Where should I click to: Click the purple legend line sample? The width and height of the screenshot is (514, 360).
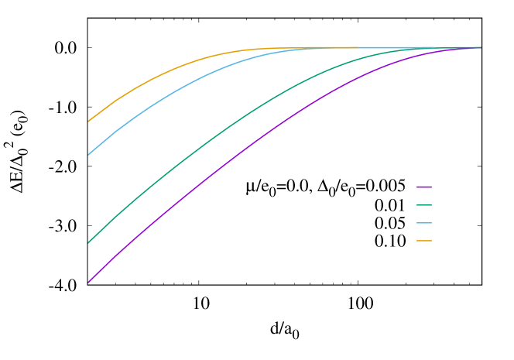click(424, 187)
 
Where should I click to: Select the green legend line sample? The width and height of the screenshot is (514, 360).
click(424, 205)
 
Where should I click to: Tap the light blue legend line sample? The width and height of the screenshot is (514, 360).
click(424, 223)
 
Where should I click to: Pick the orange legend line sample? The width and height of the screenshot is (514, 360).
click(424, 241)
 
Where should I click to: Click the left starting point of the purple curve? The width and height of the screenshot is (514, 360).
click(88, 282)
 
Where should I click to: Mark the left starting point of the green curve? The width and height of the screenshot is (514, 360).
click(88, 243)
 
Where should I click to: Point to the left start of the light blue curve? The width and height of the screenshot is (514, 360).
click(88, 154)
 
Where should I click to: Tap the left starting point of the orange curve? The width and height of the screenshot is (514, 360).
click(88, 122)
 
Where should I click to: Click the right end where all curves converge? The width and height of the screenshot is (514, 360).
click(480, 47)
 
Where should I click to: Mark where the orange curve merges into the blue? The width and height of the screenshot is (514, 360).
click(310, 48)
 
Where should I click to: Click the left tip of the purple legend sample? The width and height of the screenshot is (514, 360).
click(417, 187)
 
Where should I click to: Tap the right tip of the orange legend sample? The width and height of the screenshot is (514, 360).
click(431, 241)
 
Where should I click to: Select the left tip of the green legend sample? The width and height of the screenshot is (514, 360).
click(417, 205)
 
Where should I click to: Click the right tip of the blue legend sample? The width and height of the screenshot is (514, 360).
click(431, 223)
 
